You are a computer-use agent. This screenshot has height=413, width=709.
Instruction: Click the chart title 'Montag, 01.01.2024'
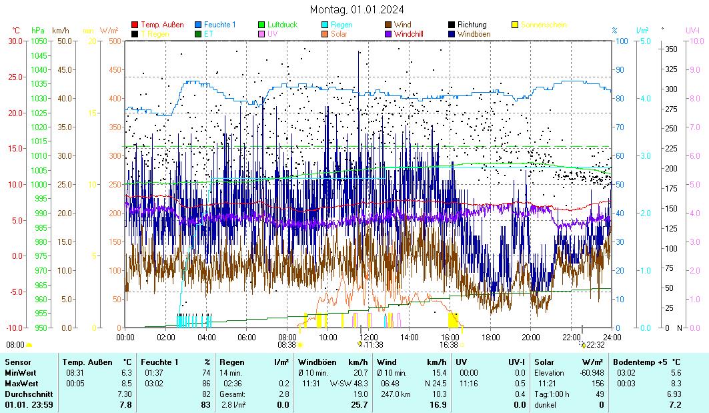pyautogui.click(x=357, y=9)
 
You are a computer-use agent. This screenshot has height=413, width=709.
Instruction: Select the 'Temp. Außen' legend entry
pyautogui.click(x=161, y=25)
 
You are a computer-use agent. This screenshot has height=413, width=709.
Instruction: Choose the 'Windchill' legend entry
pyautogui.click(x=413, y=33)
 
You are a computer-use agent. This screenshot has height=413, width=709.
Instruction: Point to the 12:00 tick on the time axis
pyautogui.click(x=368, y=337)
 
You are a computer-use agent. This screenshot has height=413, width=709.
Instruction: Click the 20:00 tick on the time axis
pyautogui.click(x=531, y=337)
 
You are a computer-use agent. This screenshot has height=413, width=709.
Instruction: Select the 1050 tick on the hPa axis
pyautogui.click(x=39, y=41)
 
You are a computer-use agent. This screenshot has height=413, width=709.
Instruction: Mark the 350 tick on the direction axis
pyautogui.click(x=671, y=49)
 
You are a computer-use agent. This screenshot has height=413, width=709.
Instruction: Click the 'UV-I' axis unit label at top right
pyautogui.click(x=692, y=30)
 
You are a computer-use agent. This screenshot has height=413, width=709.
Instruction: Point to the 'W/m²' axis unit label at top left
pyautogui.click(x=109, y=30)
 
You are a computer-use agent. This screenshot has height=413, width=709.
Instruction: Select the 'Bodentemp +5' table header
pyautogui.click(x=641, y=362)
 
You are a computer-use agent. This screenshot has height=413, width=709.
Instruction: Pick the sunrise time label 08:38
pyautogui.click(x=287, y=345)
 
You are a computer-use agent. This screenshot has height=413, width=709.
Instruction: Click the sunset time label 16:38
pyautogui.click(x=448, y=345)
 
